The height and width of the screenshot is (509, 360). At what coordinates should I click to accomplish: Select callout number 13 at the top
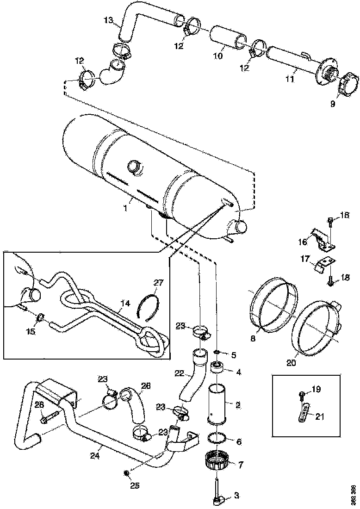[108, 20]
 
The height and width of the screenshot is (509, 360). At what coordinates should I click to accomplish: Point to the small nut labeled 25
[126, 473]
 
